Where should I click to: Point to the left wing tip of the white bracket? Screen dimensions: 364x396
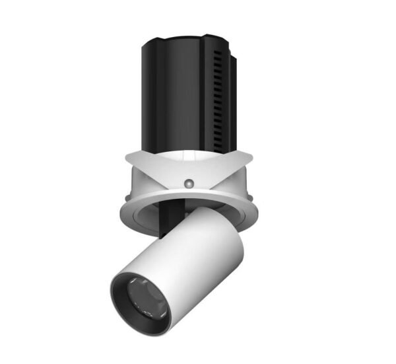point(126,156)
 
